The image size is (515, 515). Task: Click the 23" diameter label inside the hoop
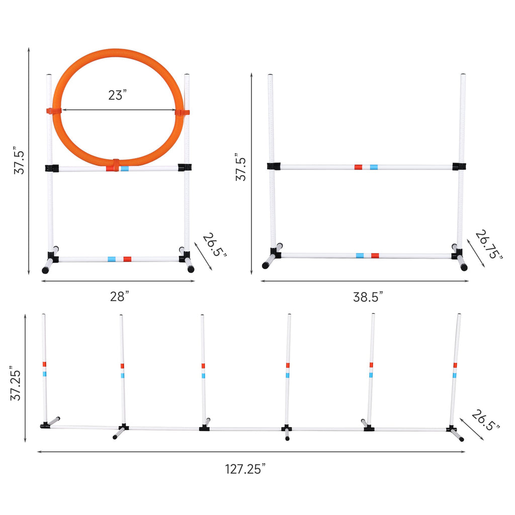117,95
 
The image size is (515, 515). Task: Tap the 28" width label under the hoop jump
119,296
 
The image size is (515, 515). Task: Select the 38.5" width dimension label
368,297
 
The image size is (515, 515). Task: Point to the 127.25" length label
245,469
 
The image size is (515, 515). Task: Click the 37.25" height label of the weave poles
16,383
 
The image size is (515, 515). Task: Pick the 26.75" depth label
489,244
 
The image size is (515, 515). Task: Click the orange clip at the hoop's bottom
116,165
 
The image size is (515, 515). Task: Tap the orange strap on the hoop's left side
54,111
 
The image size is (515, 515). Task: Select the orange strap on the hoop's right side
182,112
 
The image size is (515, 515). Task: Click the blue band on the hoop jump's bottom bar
112,259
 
